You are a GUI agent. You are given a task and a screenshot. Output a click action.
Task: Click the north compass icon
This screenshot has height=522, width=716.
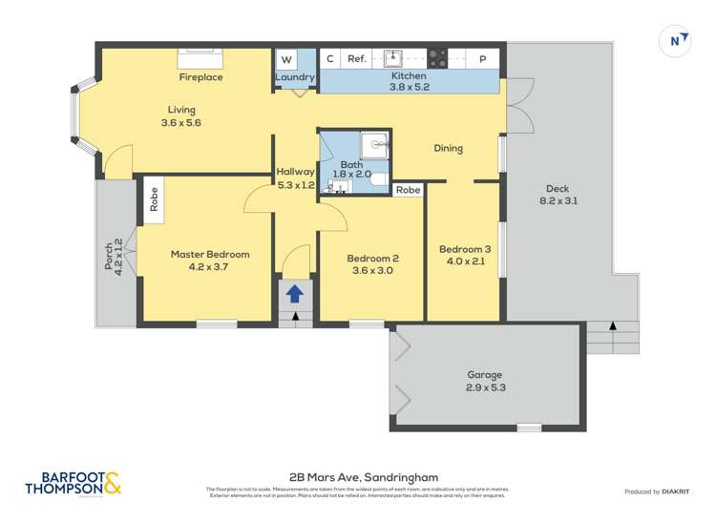click(x=676, y=41)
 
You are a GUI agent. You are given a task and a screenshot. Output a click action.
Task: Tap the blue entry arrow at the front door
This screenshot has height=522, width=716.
click(x=295, y=294)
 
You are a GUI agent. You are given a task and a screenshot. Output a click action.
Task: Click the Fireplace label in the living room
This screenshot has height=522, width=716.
click(x=200, y=77)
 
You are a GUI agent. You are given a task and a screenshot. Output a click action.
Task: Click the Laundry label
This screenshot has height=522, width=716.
click(x=294, y=77)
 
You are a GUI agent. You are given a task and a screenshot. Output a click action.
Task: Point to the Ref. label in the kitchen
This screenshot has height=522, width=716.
click(x=357, y=59)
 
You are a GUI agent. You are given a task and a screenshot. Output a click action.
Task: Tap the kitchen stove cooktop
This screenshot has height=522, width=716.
click(x=437, y=57)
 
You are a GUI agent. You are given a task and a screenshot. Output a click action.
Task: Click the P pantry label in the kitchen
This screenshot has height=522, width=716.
click(x=483, y=59)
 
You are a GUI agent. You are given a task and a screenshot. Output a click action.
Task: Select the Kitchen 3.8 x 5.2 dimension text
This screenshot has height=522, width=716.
click(x=408, y=87)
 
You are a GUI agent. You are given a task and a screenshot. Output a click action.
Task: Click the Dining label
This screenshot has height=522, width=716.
click(x=448, y=149)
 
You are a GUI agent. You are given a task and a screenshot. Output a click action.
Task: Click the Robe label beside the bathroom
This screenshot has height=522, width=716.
click(x=408, y=190)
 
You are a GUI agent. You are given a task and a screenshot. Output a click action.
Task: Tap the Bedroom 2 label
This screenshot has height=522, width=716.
click(x=371, y=259)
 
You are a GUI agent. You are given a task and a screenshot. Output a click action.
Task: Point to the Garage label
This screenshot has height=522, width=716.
click(x=485, y=375)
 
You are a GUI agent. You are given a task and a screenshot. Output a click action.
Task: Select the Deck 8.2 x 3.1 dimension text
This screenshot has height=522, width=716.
click(x=558, y=201)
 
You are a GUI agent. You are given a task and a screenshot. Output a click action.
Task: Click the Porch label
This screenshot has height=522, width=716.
click(x=109, y=255)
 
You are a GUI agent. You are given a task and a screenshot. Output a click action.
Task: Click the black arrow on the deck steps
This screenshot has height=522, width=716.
click(x=612, y=327)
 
